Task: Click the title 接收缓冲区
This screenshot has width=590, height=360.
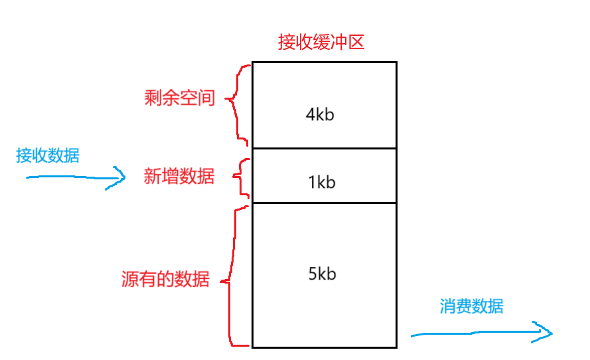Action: (321, 43)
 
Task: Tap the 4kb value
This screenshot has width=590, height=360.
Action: (319, 114)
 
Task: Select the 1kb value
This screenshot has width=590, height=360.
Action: (322, 182)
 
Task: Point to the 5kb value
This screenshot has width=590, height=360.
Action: (322, 274)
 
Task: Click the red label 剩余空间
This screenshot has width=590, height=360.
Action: (180, 98)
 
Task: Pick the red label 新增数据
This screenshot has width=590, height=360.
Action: (179, 177)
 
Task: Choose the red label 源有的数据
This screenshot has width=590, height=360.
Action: (165, 279)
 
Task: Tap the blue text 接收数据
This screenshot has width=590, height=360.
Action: (48, 155)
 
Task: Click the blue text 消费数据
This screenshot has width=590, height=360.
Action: (471, 306)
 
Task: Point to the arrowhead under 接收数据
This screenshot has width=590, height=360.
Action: (119, 177)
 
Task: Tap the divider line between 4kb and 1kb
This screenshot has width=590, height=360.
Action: (324, 149)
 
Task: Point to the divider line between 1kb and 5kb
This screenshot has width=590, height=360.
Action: (324, 203)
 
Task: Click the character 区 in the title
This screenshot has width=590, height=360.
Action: (356, 43)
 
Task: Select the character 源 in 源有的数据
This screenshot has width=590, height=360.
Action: (130, 279)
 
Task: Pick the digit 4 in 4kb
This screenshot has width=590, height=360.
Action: (310, 114)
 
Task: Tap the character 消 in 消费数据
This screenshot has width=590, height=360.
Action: (448, 306)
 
